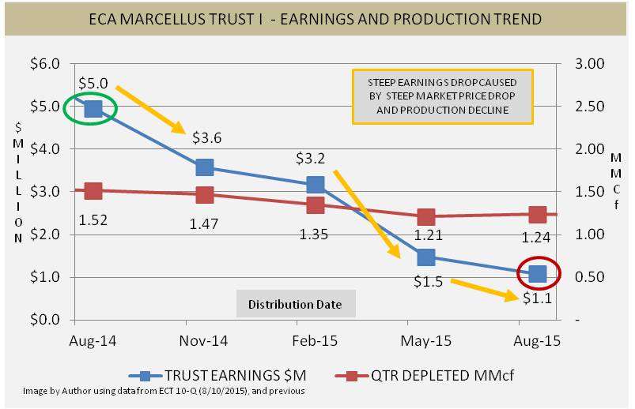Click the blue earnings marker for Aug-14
(x=93, y=108)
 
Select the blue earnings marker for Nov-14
(x=204, y=167)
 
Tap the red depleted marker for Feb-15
(x=315, y=205)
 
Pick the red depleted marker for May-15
(x=426, y=217)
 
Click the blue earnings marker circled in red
(x=538, y=273)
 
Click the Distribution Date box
(x=295, y=304)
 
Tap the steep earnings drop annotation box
(x=442, y=96)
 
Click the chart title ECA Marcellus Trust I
(x=316, y=18)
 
